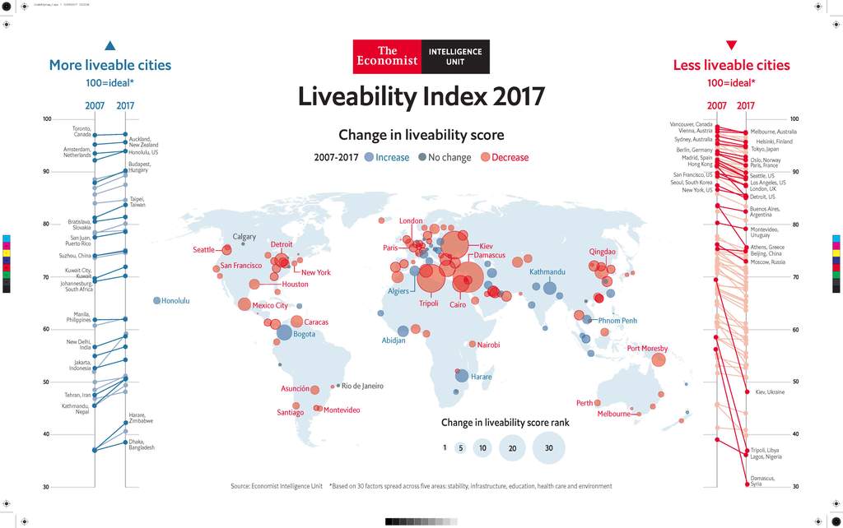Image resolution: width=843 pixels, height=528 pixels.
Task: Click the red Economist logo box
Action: pyautogui.click(x=387, y=57)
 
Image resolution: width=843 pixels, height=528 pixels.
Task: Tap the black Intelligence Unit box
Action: pyautogui.click(x=455, y=57)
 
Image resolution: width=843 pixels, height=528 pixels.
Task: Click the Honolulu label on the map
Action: pyautogui.click(x=175, y=301)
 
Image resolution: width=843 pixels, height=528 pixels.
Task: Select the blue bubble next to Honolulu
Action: pyautogui.click(x=157, y=300)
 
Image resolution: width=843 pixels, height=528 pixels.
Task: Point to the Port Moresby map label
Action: pyautogui.click(x=647, y=349)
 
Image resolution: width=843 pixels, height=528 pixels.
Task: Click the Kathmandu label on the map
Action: pyautogui.click(x=547, y=271)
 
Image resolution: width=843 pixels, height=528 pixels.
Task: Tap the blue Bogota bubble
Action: pyautogui.click(x=284, y=332)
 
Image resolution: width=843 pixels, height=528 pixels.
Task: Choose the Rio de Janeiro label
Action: pyautogui.click(x=362, y=386)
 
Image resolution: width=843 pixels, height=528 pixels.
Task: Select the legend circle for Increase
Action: pyautogui.click(x=369, y=157)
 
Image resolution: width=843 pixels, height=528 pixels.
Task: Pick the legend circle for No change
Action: pyautogui.click(x=422, y=157)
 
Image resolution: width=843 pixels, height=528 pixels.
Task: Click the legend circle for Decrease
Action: pyautogui.click(x=486, y=157)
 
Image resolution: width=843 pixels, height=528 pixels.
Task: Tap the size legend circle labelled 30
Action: pyautogui.click(x=548, y=448)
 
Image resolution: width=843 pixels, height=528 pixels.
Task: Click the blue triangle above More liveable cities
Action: pyautogui.click(x=110, y=46)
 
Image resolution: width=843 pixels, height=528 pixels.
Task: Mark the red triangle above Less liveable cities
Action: pyautogui.click(x=731, y=46)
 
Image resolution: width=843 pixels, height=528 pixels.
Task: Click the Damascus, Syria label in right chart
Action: pyautogui.click(x=761, y=481)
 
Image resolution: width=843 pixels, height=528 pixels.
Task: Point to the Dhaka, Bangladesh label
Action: pyautogui.click(x=142, y=445)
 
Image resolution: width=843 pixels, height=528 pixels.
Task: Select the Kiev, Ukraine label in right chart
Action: pyautogui.click(x=770, y=392)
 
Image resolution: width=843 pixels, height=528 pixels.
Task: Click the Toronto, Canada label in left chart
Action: pyautogui.click(x=82, y=132)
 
